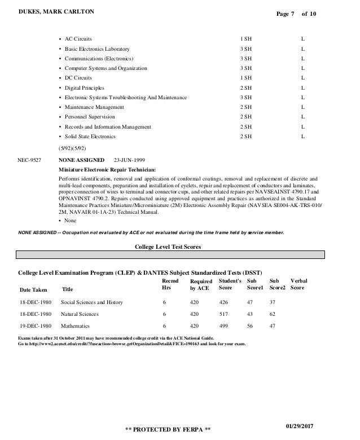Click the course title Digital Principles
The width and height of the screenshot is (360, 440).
[x=85, y=87]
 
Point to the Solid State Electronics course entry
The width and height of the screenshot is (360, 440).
[x=90, y=136]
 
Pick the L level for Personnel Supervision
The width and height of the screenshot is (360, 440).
[x=303, y=117]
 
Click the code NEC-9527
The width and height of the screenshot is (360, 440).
[x=30, y=160]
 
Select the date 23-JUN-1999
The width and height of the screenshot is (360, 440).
[x=133, y=160]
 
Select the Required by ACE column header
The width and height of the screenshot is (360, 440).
[x=200, y=285]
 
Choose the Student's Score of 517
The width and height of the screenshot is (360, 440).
[x=225, y=314]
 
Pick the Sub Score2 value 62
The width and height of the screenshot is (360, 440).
[x=273, y=314]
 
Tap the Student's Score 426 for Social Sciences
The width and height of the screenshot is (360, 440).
[x=225, y=302]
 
